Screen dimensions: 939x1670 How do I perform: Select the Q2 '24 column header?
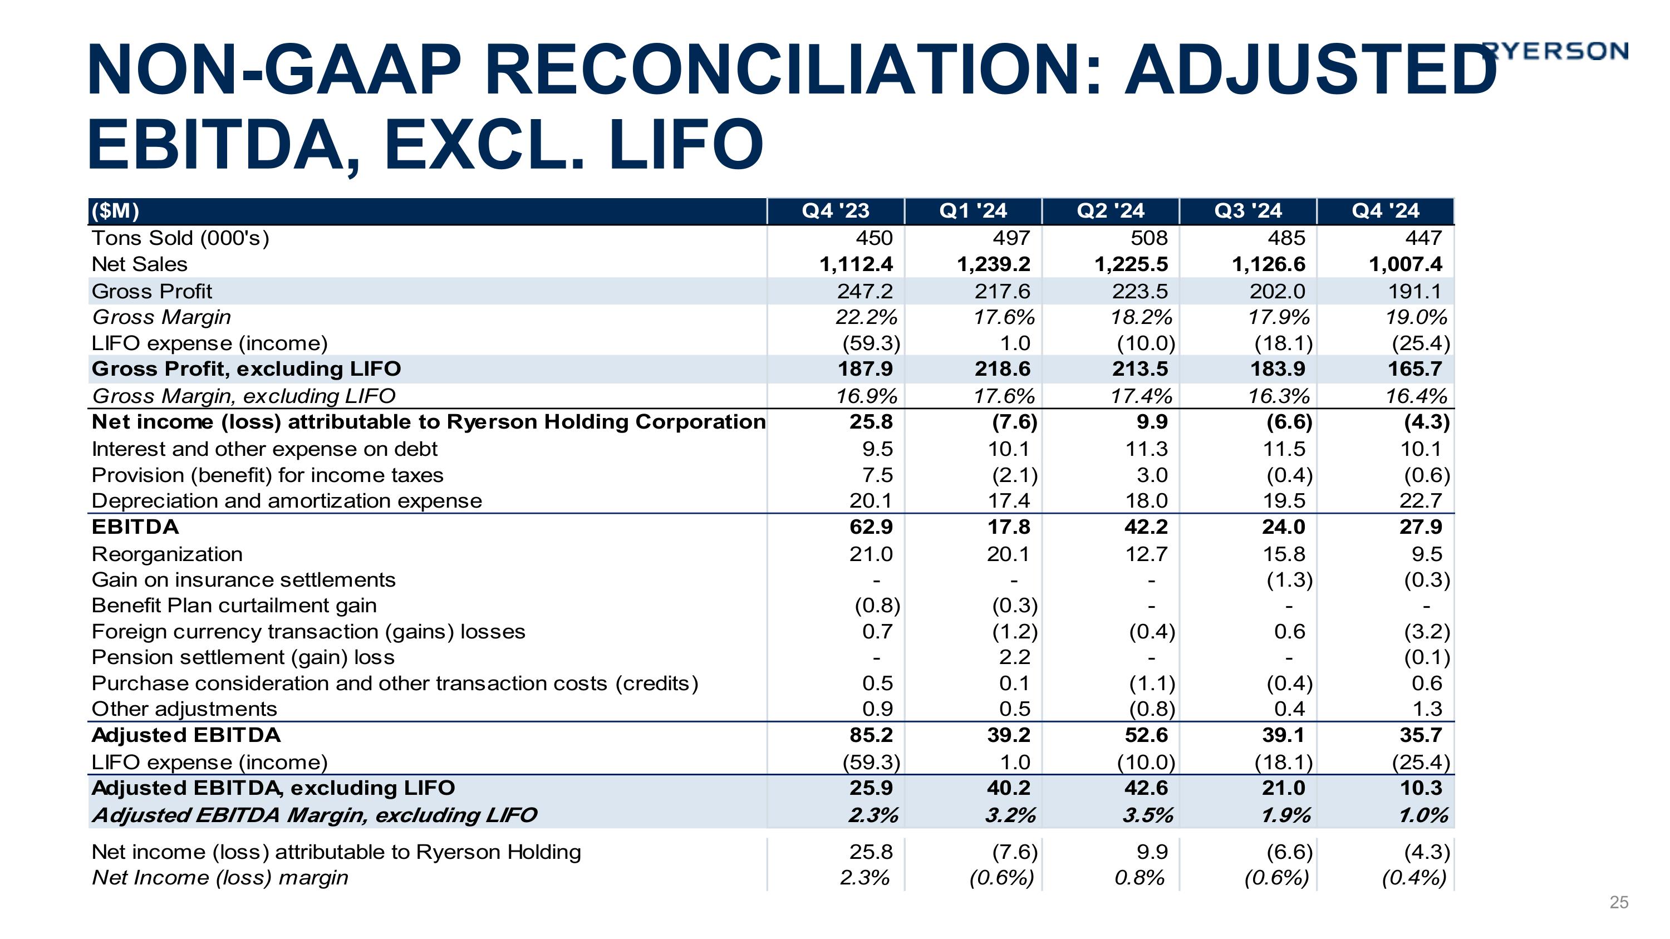pos(1110,210)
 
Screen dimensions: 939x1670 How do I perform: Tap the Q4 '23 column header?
pos(835,210)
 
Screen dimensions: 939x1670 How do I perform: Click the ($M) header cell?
pos(115,210)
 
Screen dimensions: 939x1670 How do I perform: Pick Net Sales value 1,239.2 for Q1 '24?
pos(993,264)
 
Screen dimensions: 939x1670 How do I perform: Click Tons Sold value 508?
pos(1149,238)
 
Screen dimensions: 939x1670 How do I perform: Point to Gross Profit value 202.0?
pos(1277,292)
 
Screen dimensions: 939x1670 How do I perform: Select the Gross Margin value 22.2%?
pos(867,317)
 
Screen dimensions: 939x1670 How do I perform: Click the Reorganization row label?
pos(167,554)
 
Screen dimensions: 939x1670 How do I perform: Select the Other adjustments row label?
pos(184,709)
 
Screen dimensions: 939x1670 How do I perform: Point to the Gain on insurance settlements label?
pos(243,579)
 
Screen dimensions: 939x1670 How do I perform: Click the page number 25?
pos(1619,902)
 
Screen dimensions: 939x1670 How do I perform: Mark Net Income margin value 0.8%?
pos(1139,877)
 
